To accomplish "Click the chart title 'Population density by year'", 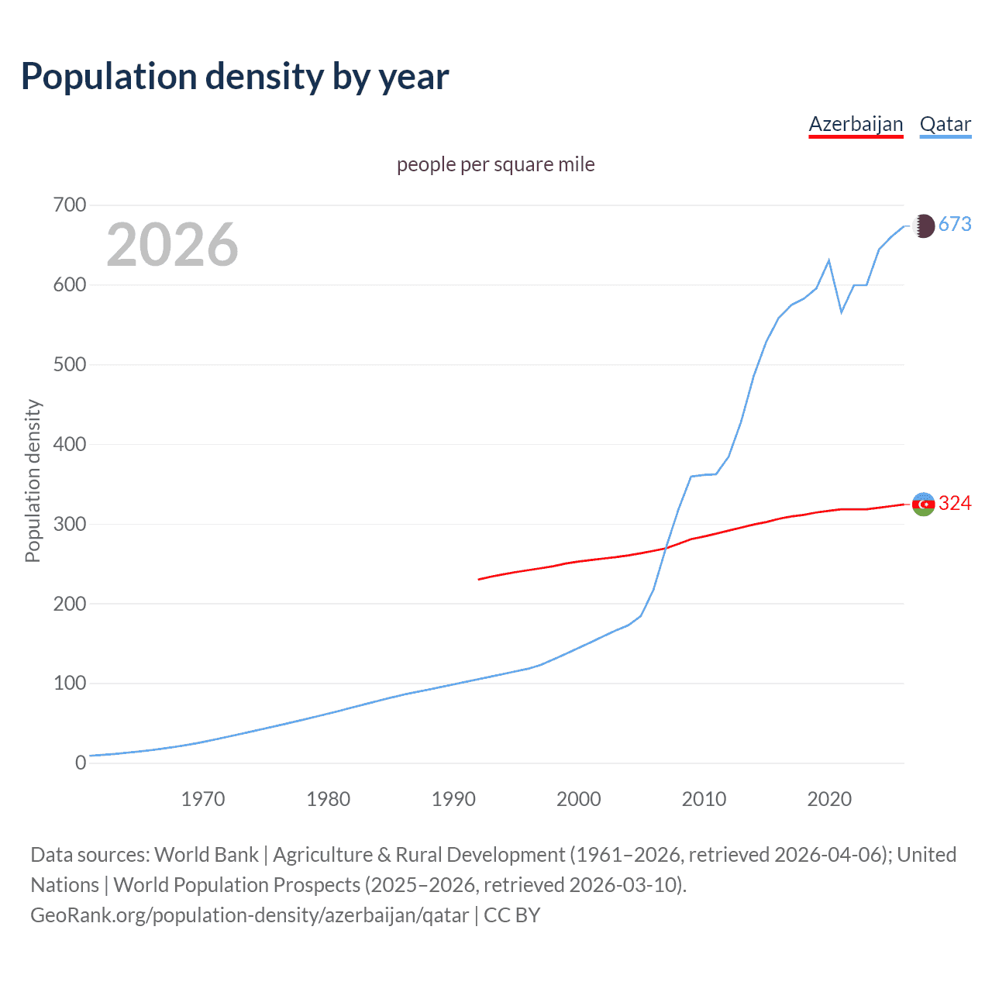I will click(235, 77).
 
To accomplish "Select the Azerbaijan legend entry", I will click(856, 124).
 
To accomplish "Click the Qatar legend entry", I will click(945, 124).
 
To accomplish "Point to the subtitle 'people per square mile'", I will click(495, 164).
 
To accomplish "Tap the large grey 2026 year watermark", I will click(172, 245).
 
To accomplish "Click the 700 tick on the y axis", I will click(69, 205).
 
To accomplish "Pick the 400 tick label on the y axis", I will click(69, 445).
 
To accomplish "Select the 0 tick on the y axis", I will click(81, 763).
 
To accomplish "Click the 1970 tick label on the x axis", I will click(203, 799).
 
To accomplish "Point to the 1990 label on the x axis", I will click(453, 799).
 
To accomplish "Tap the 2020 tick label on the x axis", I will click(829, 799).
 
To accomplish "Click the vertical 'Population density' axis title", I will click(33, 480).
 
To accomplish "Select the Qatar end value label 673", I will click(955, 225).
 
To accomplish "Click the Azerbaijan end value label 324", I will click(955, 504).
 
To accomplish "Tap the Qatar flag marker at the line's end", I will click(923, 226).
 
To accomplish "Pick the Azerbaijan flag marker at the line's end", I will click(923, 504).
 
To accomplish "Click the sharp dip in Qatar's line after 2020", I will click(842, 312).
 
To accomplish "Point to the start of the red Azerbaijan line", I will click(480, 579).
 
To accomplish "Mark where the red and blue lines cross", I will click(666, 546).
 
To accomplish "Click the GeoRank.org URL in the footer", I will click(250, 915).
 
